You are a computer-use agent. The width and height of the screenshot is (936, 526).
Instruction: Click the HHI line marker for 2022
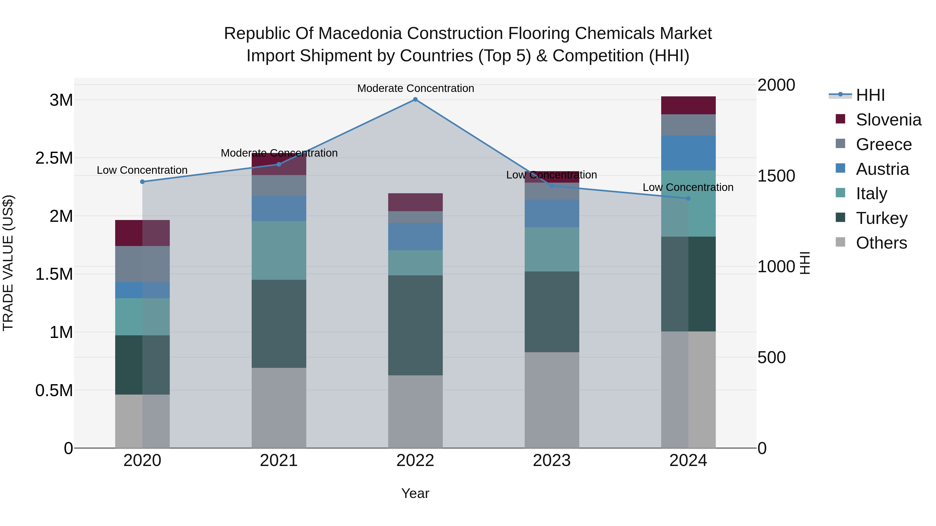415,99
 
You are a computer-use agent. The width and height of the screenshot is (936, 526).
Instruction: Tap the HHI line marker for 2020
142,182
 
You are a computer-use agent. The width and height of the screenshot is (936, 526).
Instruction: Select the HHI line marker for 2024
688,198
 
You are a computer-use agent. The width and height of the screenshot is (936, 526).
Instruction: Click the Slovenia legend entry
888,120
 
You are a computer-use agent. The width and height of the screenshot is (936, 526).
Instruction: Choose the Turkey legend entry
881,218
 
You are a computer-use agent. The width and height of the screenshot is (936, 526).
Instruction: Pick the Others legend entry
881,243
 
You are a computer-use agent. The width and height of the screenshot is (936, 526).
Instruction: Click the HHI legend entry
870,95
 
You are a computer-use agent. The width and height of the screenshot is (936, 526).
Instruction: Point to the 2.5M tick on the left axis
54,158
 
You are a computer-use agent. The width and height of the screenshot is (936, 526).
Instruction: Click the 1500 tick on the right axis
776,176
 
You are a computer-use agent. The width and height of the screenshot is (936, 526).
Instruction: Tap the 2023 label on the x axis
551,461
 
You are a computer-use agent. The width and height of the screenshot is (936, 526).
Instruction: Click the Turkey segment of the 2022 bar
415,325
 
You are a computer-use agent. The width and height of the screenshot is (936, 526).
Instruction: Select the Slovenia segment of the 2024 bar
688,105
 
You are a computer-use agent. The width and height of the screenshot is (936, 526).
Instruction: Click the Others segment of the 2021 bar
279,408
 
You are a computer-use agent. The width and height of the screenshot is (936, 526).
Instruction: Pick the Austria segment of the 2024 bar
688,153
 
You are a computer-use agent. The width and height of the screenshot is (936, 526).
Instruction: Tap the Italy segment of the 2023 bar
551,249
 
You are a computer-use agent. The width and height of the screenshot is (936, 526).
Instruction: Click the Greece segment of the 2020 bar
142,264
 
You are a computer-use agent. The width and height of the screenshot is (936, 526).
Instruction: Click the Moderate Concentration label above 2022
415,88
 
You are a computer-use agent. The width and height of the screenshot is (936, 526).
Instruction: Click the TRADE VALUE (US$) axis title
8,263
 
